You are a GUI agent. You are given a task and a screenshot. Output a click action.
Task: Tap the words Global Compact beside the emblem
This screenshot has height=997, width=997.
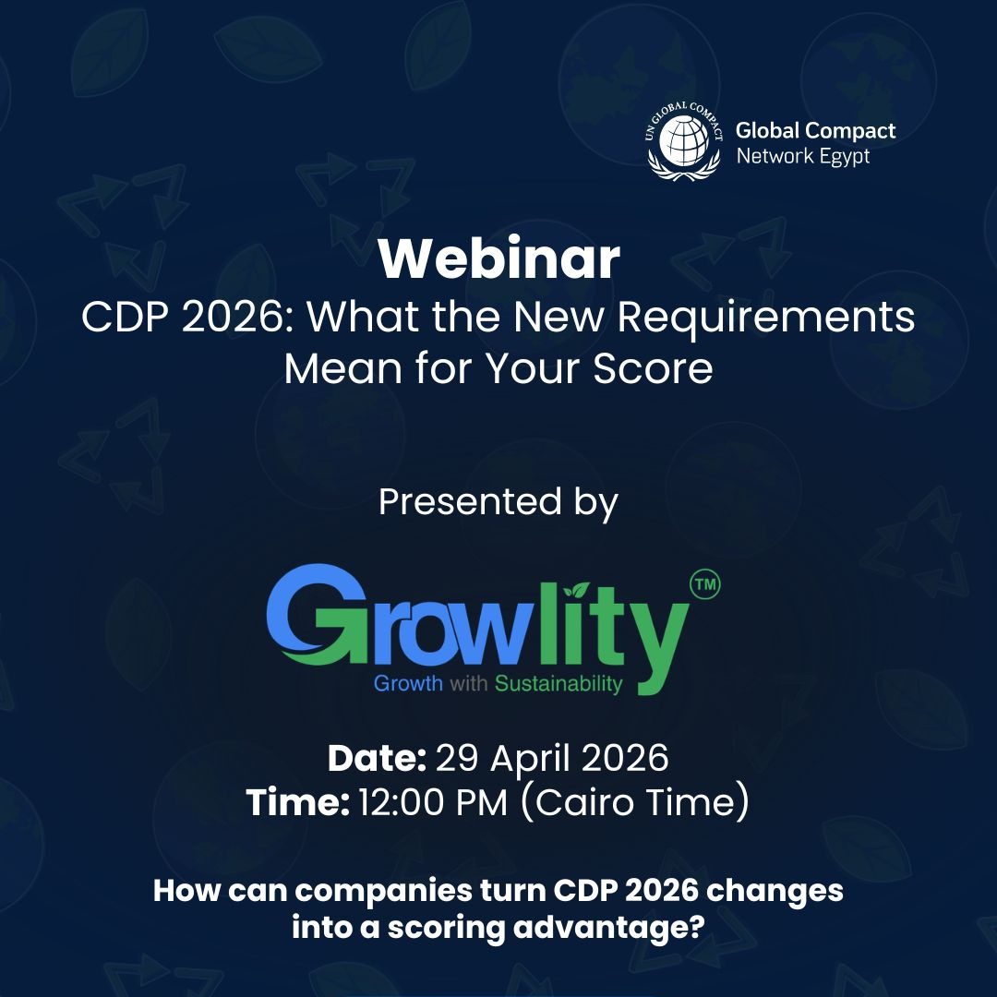(x=815, y=130)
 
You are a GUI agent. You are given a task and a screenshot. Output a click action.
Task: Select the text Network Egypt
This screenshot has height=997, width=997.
(x=802, y=156)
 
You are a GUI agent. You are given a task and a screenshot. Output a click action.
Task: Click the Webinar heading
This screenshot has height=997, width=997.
(x=498, y=260)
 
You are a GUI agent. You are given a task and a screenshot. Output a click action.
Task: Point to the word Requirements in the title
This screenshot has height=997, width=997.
(x=766, y=318)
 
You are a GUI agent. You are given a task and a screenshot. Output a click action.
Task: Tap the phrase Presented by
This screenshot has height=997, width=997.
(x=498, y=502)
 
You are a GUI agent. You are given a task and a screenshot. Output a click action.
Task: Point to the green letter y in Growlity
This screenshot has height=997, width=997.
(x=656, y=637)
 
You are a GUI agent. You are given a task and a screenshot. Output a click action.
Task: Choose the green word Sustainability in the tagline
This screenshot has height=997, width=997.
(x=559, y=684)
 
